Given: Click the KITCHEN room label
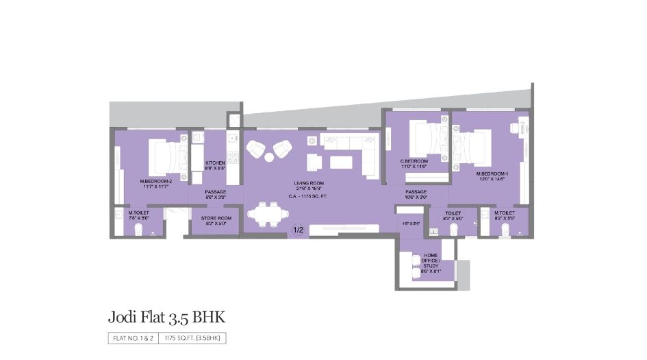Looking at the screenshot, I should (x=215, y=163).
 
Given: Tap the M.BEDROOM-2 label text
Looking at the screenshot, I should (x=155, y=182).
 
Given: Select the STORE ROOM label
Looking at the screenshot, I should (x=216, y=219).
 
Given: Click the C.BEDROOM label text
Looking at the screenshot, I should (x=414, y=162).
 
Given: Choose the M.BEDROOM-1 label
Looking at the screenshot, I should (x=492, y=174).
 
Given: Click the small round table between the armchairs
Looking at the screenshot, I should (x=269, y=157).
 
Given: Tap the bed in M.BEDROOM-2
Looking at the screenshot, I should (x=164, y=155).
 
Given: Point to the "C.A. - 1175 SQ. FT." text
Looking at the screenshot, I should (x=308, y=196).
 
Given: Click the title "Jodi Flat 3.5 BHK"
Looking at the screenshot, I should (x=166, y=317).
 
